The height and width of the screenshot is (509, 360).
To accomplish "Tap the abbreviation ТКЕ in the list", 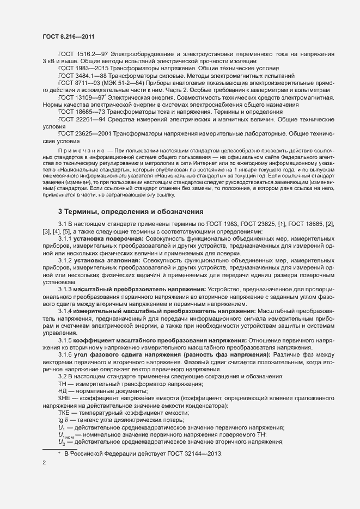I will [x=65, y=413].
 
